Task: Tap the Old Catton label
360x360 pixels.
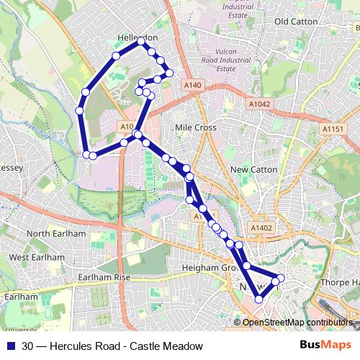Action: (296, 22)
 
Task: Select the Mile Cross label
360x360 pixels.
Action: (196, 127)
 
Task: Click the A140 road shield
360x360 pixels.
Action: (192, 85)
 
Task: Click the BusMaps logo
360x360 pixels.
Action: (325, 346)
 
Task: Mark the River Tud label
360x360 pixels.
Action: (34, 129)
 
